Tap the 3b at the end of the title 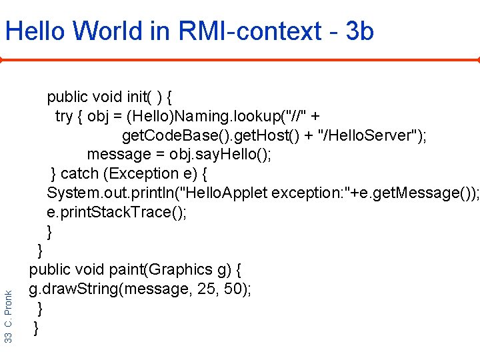tap(360, 31)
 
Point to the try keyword tap(64, 117)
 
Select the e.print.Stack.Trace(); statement tap(117, 212)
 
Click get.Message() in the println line tap(426, 193)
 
